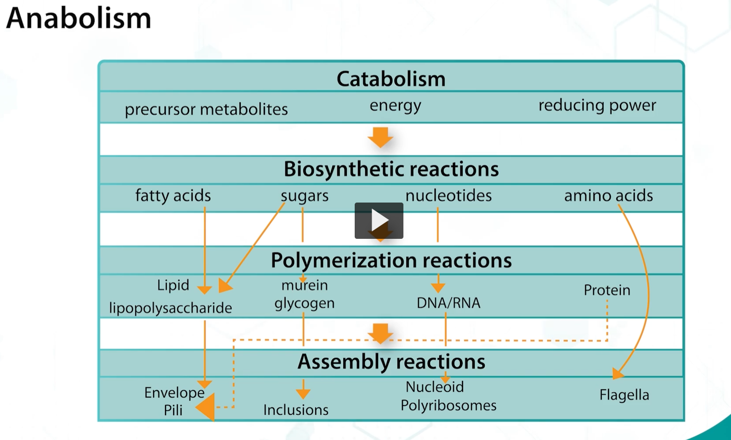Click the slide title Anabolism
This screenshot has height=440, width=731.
78,18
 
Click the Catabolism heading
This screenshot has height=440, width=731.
391,79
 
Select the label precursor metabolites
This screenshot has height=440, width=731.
206,109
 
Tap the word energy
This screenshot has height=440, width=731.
395,105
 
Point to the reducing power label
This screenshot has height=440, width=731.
597,105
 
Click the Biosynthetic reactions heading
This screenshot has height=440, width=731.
391,169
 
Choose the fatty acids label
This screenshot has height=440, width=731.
173,196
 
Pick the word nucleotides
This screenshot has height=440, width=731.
448,196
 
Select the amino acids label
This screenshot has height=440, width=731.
608,196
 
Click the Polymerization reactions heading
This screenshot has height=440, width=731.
391,260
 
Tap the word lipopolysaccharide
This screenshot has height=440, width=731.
170,308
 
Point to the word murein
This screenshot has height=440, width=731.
305,285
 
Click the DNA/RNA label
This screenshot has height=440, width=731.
448,303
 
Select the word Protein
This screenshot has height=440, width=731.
607,290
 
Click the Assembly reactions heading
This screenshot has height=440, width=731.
391,362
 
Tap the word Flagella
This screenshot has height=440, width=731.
624,395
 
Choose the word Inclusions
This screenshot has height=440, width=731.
296,410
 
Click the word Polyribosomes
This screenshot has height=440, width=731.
448,406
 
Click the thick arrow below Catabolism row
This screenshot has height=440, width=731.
380,137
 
